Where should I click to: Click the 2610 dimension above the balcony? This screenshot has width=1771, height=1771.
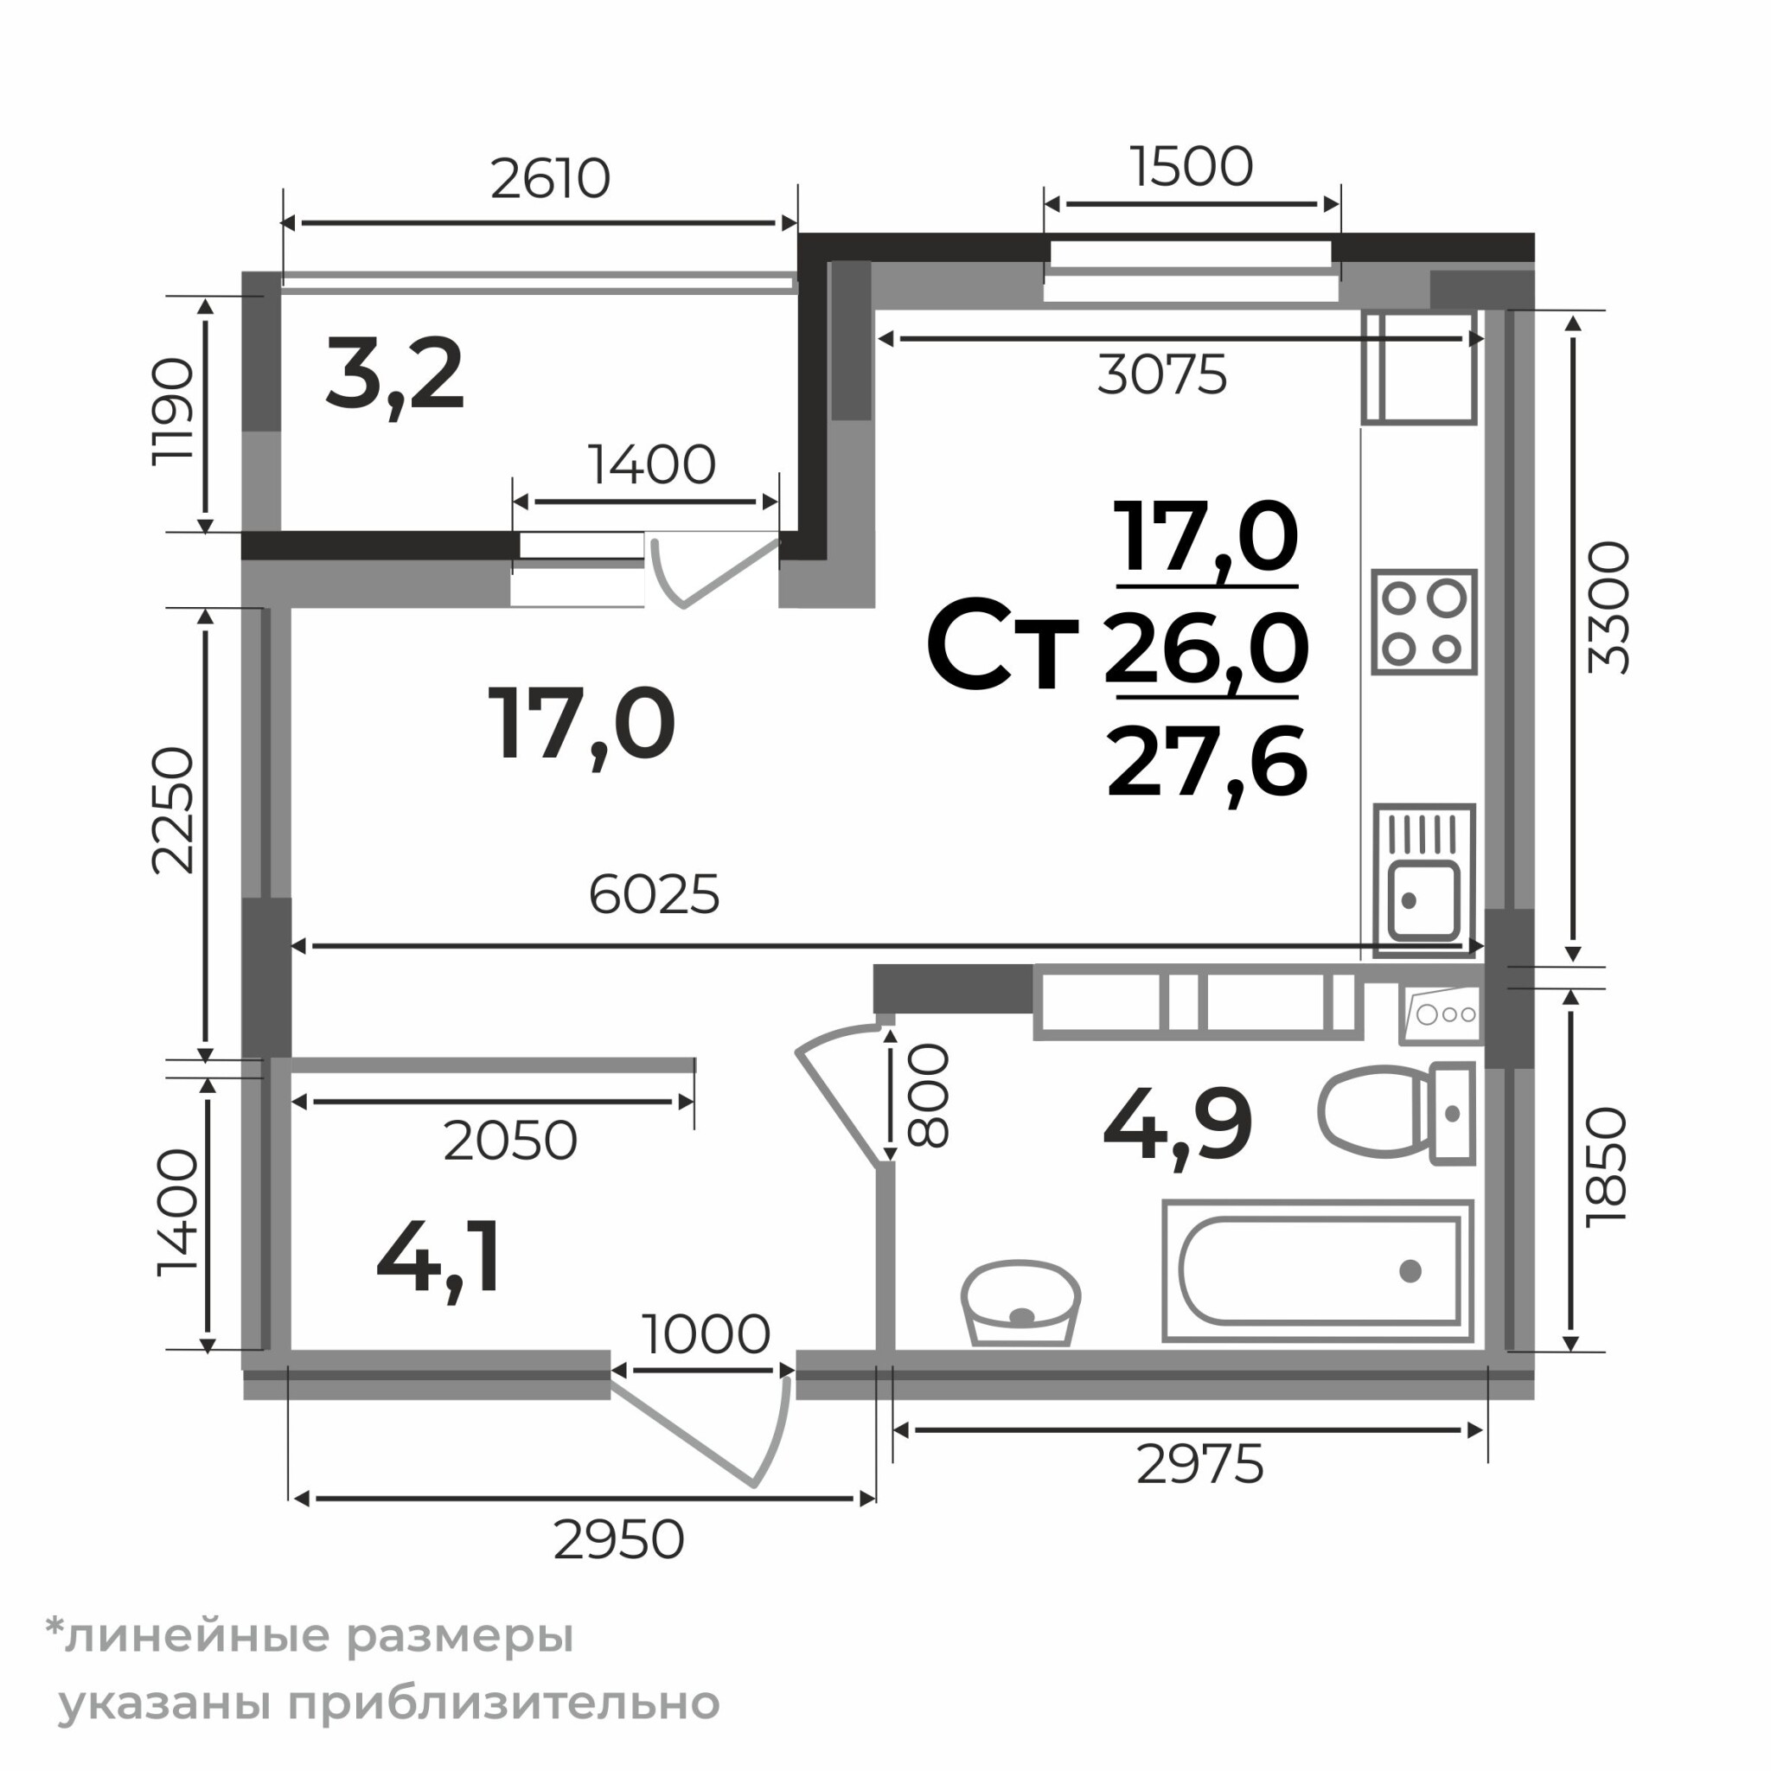tap(550, 179)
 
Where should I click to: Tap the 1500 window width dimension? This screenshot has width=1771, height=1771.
tap(1191, 167)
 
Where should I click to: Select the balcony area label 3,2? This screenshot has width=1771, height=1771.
tap(395, 377)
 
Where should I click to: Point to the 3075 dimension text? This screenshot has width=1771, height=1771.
tap(1161, 375)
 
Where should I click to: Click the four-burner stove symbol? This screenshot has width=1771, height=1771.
tap(1423, 623)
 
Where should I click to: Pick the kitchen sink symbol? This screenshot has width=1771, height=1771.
tap(1423, 880)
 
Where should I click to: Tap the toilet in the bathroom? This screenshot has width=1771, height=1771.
tap(1396, 1113)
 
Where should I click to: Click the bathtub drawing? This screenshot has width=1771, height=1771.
tap(1318, 1271)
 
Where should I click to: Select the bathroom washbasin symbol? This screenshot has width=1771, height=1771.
tap(1020, 1302)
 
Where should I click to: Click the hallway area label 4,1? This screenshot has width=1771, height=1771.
tap(439, 1256)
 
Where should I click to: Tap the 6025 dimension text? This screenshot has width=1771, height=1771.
tap(654, 895)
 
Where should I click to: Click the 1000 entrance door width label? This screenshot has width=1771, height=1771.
tap(705, 1334)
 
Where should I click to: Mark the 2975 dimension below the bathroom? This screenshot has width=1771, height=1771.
tap(1199, 1464)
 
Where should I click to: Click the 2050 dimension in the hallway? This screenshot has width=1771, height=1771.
tap(509, 1141)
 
